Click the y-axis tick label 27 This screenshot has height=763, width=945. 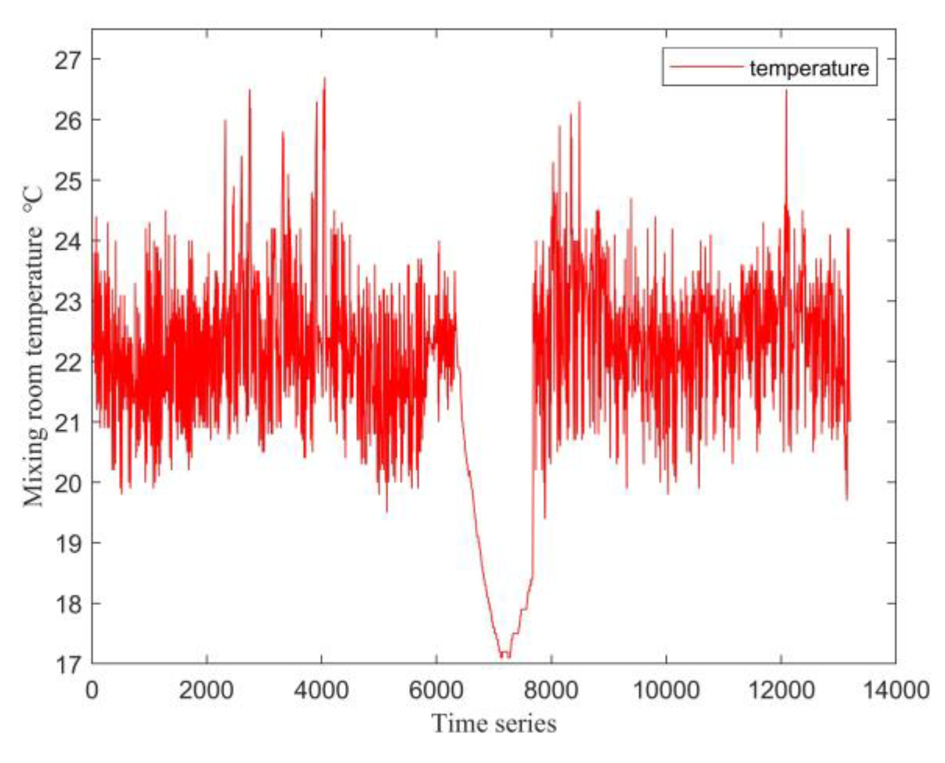coord(68,60)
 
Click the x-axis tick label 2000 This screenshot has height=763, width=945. coord(206,691)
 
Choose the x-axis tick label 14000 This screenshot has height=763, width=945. coord(896,691)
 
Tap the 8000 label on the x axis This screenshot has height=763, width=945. coord(551,691)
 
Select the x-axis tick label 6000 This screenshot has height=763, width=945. coord(436,691)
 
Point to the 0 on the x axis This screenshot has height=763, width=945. coord(92,691)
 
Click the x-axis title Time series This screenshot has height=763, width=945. coord(494,723)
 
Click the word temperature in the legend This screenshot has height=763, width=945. coord(809,68)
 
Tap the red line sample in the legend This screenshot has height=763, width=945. coord(706,67)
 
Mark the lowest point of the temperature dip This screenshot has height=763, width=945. coord(502,656)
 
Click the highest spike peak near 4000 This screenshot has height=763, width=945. coord(324,78)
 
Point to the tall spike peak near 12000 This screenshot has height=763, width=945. coord(786,92)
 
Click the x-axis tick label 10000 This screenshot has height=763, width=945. coord(666,691)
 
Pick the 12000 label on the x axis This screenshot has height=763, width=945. coord(781,691)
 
